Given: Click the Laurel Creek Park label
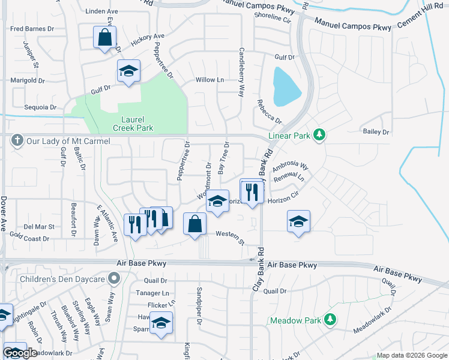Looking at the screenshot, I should click(x=133, y=124).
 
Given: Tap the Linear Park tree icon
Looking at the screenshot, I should click(x=319, y=135).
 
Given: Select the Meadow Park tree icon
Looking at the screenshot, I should click(x=330, y=320).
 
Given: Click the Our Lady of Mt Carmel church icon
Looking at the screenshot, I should click(x=16, y=140).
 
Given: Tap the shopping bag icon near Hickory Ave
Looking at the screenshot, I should click(x=104, y=37).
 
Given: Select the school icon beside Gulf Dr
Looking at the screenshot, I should click(x=128, y=71).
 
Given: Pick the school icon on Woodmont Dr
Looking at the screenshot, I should click(x=217, y=201).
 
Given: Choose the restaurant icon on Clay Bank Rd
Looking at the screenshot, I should click(x=252, y=191).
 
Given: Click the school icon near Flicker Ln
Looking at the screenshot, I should click(x=161, y=323).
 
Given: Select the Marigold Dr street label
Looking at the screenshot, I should click(x=28, y=80).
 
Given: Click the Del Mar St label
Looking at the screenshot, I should click(x=39, y=227).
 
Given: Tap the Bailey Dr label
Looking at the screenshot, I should click(x=376, y=131).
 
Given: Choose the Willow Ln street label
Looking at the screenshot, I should click(x=209, y=80).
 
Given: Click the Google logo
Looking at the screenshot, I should click(x=20, y=352).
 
